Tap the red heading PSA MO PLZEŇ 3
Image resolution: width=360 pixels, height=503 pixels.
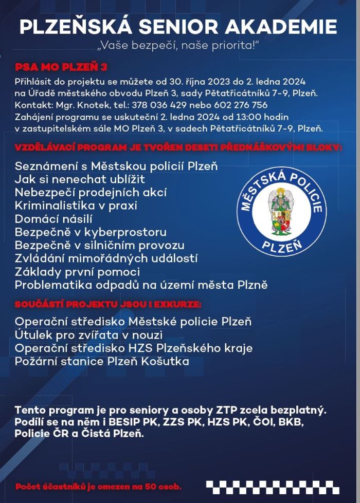pyautogui.click(x=61, y=67)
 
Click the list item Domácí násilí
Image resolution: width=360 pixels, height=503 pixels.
pyautogui.click(x=50, y=219)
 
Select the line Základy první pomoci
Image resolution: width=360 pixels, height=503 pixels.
pyautogui.click(x=77, y=271)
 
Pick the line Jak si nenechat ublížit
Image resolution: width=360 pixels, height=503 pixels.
pyautogui.click(x=80, y=179)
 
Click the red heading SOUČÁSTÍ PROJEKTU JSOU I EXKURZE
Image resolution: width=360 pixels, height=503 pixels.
pyautogui.click(x=108, y=305)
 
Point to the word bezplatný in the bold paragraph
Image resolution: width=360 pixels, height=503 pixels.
pyautogui.click(x=298, y=411)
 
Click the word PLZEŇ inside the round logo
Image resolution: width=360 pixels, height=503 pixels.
pyautogui.click(x=282, y=246)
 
